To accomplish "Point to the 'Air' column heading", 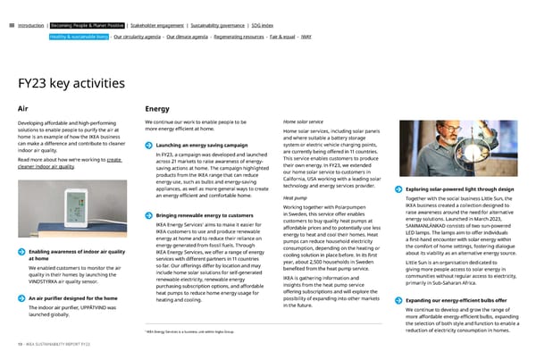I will [23, 110].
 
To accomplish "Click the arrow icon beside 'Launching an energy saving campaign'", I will [147, 146].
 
